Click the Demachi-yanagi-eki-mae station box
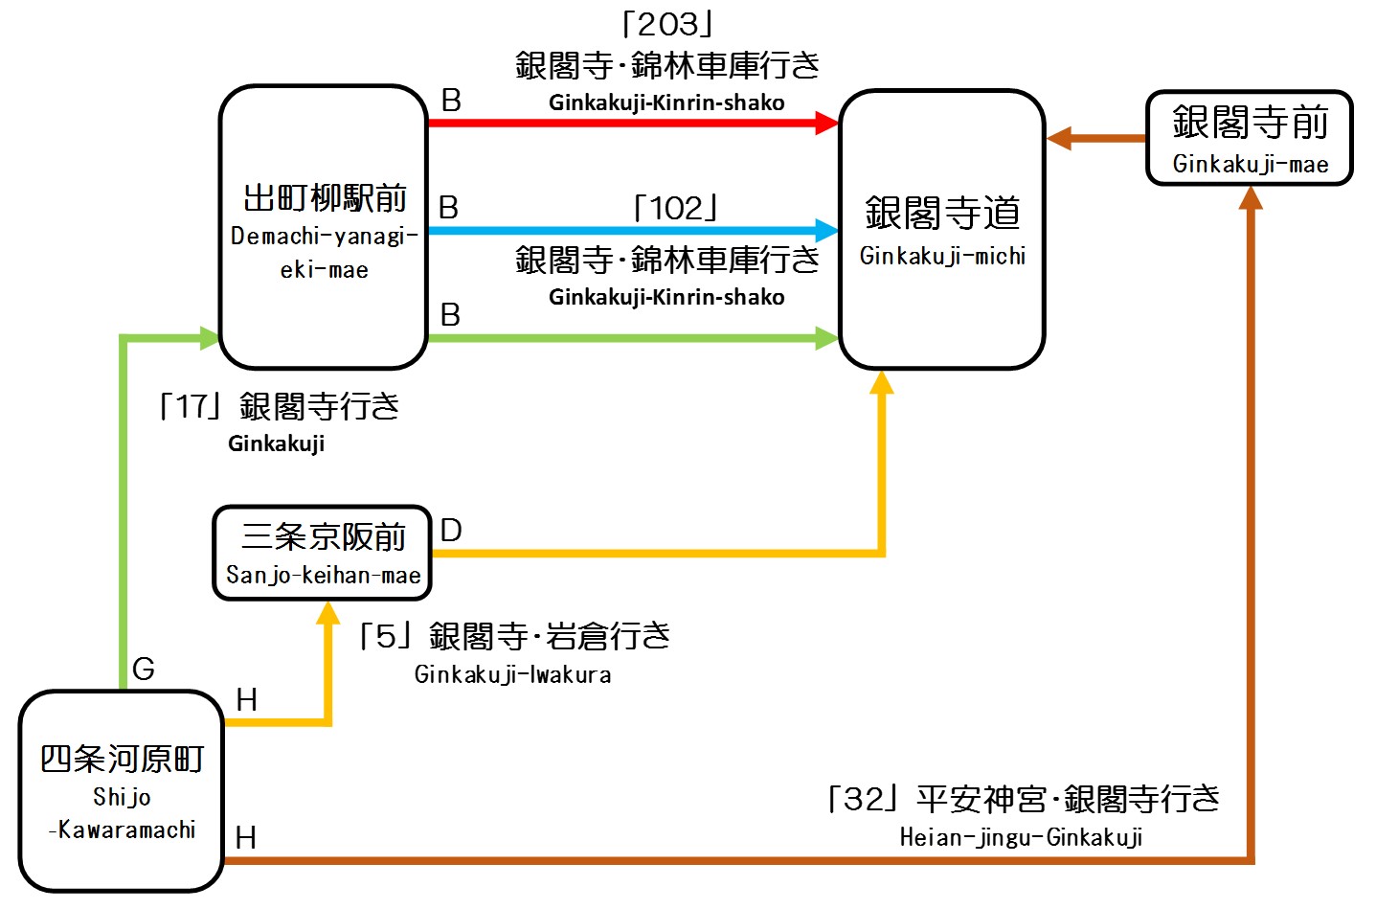[324, 228]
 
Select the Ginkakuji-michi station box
[942, 230]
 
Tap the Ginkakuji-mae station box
[1250, 138]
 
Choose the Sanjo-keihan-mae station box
[323, 553]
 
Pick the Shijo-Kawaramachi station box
[122, 791]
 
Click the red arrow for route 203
[632, 123]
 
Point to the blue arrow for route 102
[632, 230]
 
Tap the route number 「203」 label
[667, 25]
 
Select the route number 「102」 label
[676, 207]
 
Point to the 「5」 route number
[385, 636]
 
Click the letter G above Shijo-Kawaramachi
[144, 669]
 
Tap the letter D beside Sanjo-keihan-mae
[451, 530]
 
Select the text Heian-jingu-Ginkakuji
[1021, 838]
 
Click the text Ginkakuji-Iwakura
[512, 675]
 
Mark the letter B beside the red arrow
[451, 100]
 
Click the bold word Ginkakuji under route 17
[276, 443]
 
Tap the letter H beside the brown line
[246, 838]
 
